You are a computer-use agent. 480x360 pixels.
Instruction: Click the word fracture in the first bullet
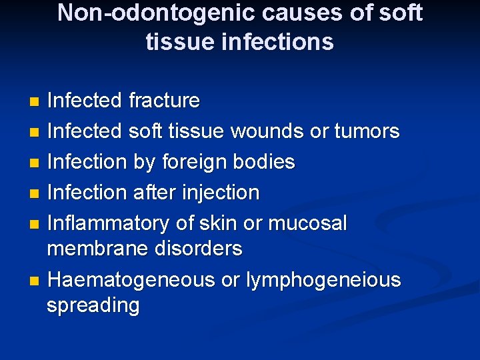(164, 101)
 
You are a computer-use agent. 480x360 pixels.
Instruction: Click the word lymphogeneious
(323, 281)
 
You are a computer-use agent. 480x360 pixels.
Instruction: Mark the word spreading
(93, 306)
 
